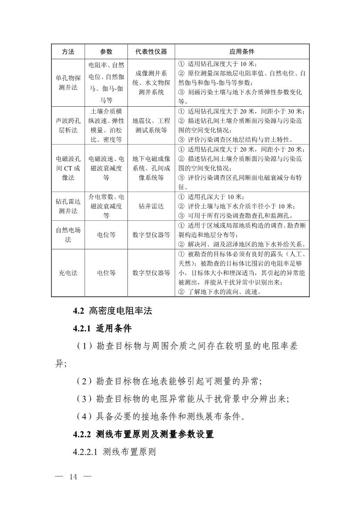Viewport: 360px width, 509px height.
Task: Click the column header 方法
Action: [x=68, y=51]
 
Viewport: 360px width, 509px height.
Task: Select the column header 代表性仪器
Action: [x=151, y=51]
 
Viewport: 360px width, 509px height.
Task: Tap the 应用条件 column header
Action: [x=242, y=51]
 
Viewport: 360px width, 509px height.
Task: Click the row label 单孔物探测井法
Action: [x=68, y=83]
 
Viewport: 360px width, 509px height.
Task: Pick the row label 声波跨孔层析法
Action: [x=68, y=125]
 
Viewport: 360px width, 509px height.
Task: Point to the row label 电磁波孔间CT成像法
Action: [x=68, y=168]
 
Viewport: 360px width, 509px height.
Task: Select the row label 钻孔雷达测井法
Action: [x=68, y=206]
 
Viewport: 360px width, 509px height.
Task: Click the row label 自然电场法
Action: [x=68, y=235]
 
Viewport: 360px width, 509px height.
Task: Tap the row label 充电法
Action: [x=68, y=273]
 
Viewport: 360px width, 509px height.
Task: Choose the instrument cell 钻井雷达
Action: [x=151, y=206]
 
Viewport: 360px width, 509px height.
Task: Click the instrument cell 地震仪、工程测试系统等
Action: [x=151, y=125]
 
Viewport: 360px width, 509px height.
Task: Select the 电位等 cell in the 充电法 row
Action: [x=106, y=273]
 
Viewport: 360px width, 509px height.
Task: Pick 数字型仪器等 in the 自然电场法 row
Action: [x=151, y=235]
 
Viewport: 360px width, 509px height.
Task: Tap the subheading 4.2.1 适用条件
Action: [x=102, y=329]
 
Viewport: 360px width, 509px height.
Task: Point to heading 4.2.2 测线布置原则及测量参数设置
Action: [x=143, y=435]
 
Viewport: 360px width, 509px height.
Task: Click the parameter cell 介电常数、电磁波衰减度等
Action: [x=106, y=206]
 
